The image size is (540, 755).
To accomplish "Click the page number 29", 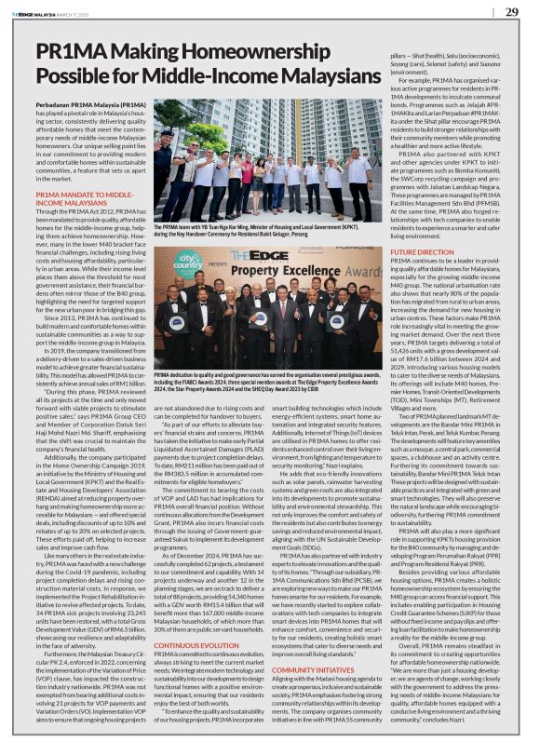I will point(511,12).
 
